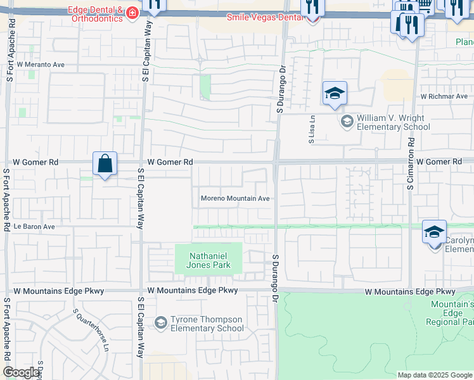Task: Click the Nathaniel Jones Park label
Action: coord(208,260)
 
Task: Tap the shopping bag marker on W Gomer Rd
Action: coord(105,164)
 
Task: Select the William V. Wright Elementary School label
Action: coord(393,122)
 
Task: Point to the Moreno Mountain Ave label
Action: coord(235,198)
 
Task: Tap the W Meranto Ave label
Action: coord(41,65)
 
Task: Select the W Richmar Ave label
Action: coord(444,96)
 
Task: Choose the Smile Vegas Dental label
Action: coord(266,17)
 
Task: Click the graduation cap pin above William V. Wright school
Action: coord(335,94)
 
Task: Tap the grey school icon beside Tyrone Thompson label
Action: coord(161,323)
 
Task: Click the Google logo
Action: coord(21,372)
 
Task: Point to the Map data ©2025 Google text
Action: coord(435,375)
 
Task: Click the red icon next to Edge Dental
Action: coord(132,13)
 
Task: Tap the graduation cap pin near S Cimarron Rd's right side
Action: coord(435,232)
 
